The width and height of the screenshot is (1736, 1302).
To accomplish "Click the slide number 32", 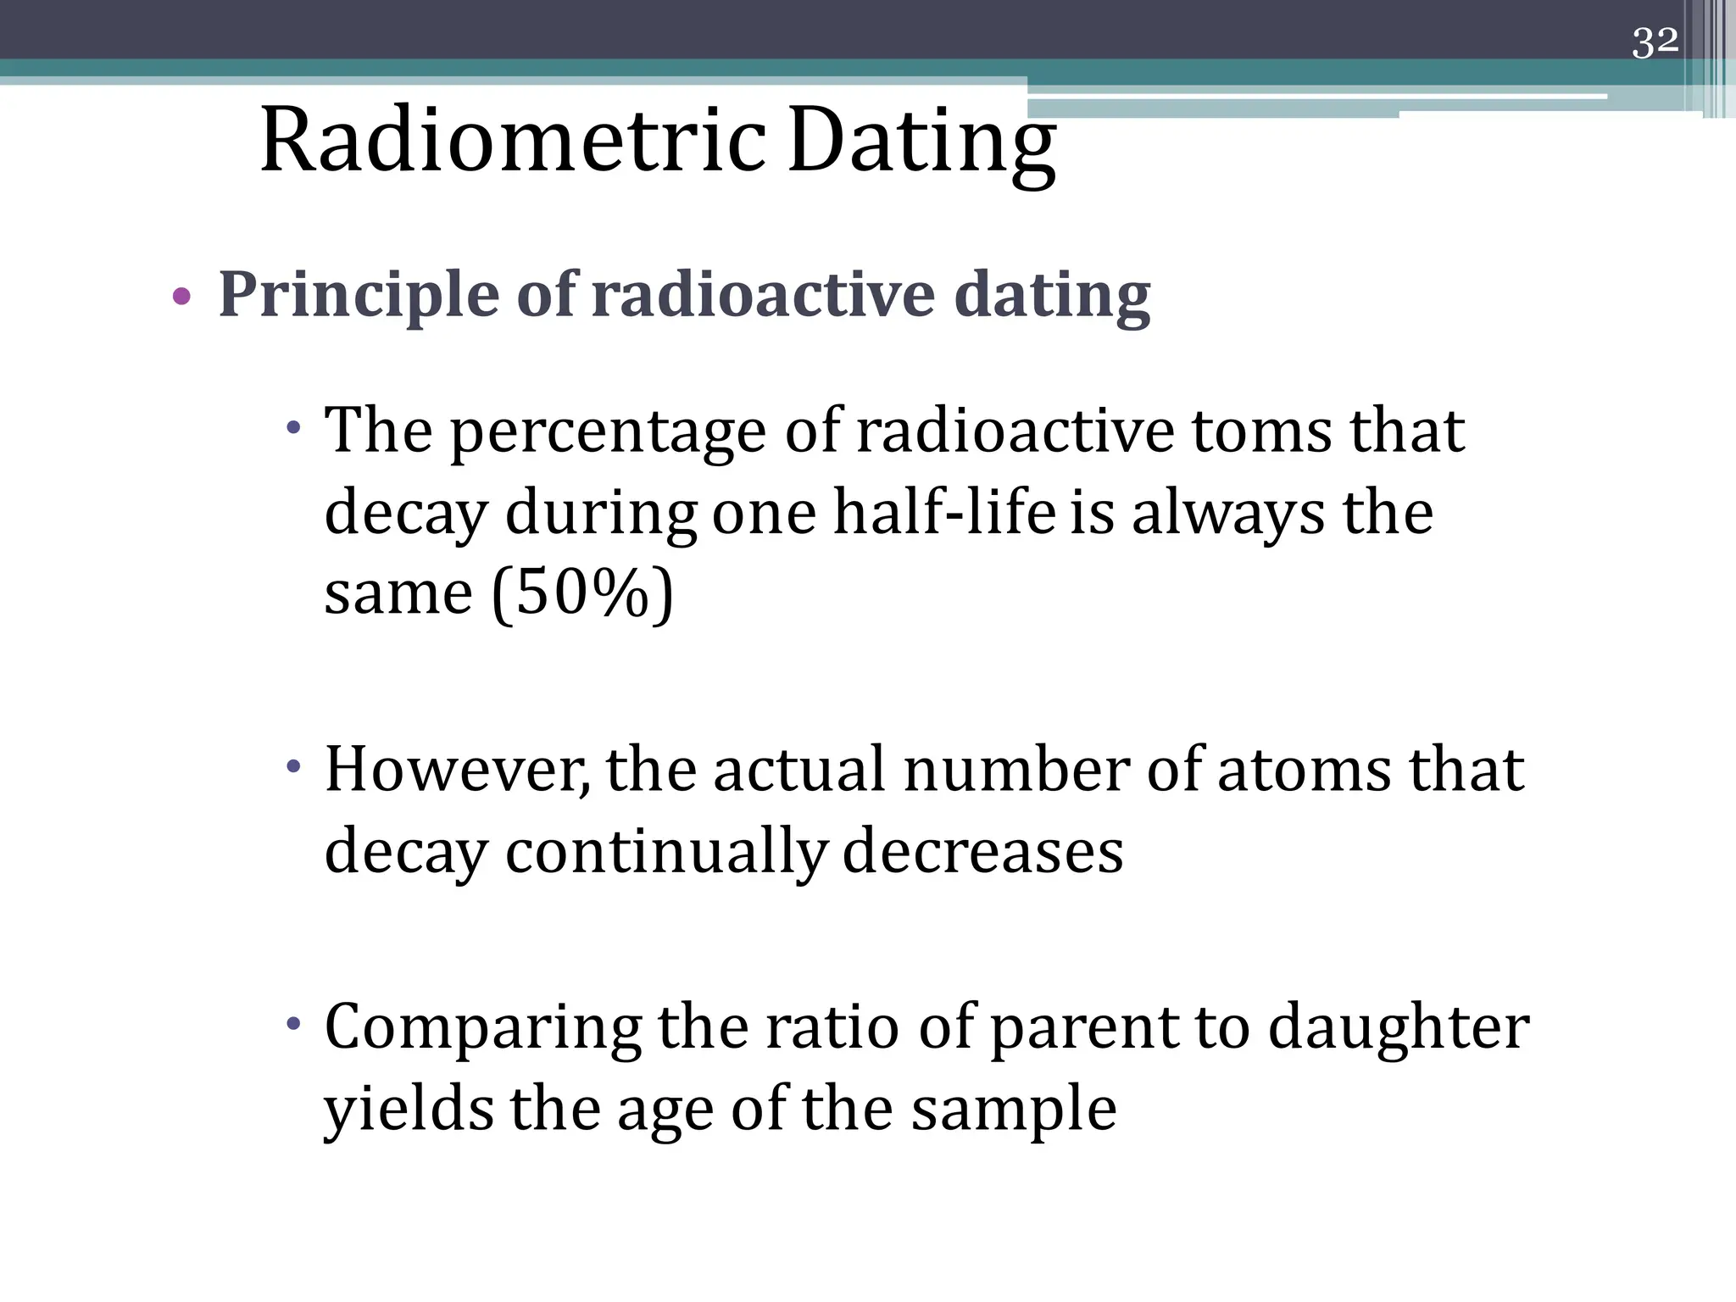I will click(x=1655, y=42).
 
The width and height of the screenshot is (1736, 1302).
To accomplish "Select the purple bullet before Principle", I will click(x=181, y=297).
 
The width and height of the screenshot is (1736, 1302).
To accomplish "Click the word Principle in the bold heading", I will click(x=359, y=296).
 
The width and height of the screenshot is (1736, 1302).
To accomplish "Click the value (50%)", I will click(x=583, y=593).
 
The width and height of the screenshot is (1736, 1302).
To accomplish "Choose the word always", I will click(x=1228, y=515).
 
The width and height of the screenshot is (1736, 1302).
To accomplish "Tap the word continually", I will click(x=665, y=853).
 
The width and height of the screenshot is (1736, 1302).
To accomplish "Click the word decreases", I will click(x=982, y=851).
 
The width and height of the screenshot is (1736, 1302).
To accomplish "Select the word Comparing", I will click(x=483, y=1028).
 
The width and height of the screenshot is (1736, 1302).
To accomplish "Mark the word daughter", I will click(x=1399, y=1028).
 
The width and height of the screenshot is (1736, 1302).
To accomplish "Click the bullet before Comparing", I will click(x=293, y=1025).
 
